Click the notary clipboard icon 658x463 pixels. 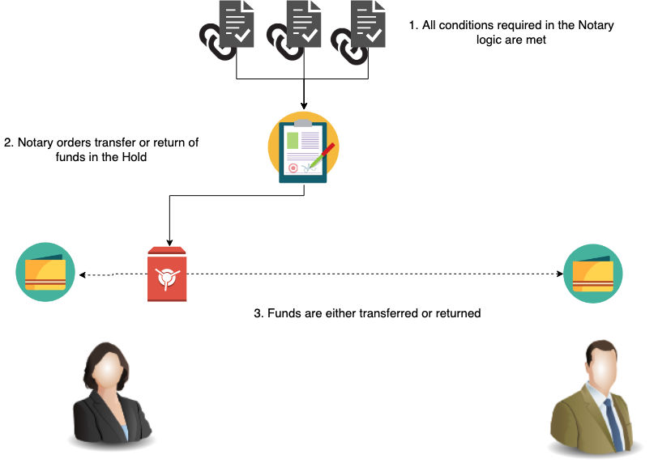click(x=303, y=148)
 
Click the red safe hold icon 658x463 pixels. click(x=167, y=274)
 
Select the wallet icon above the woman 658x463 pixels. click(x=45, y=273)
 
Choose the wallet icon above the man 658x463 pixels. click(x=592, y=273)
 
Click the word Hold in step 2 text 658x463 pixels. click(x=135, y=157)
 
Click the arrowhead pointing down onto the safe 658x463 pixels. click(x=168, y=242)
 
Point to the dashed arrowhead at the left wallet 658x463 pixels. click(x=81, y=274)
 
